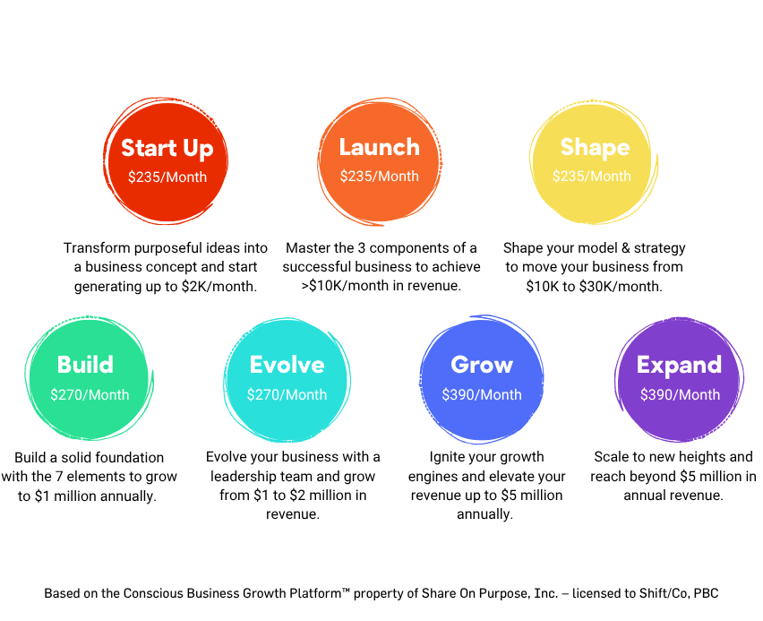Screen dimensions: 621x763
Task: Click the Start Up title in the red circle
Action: point(167,148)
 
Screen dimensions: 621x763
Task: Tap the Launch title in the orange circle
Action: point(379,147)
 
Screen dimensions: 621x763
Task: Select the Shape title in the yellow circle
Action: point(595,147)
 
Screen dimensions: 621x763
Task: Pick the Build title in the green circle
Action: point(85,365)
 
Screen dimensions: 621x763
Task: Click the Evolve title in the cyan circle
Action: point(287,365)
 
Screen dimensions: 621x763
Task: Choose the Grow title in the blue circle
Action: point(482,365)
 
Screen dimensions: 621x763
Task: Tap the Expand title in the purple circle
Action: point(679,365)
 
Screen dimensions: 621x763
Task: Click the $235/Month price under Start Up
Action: point(167,177)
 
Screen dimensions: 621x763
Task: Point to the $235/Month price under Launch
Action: point(379,177)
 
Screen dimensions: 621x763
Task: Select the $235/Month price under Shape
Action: point(591,177)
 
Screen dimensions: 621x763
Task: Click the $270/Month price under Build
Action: point(90,394)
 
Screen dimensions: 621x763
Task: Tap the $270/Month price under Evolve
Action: point(287,394)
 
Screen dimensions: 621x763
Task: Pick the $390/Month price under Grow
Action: point(482,394)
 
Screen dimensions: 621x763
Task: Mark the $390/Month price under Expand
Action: point(680,394)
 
